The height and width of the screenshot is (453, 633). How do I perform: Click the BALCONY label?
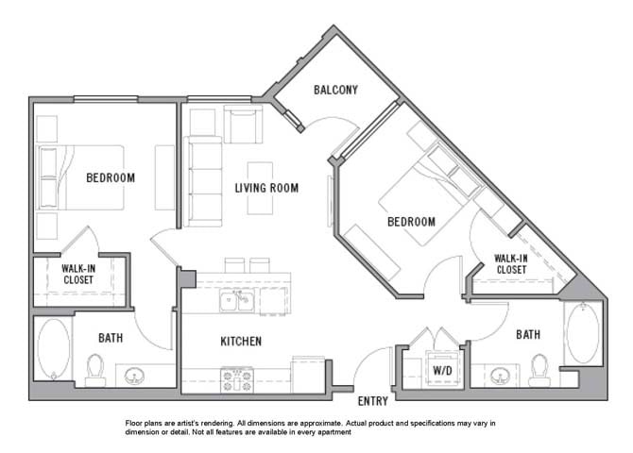click(x=335, y=91)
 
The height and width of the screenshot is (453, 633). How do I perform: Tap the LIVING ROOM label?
click(x=266, y=188)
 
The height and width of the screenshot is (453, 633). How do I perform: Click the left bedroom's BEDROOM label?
click(x=111, y=177)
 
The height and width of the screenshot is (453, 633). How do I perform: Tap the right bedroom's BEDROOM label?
click(x=411, y=222)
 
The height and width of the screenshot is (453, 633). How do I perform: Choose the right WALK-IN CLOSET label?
click(x=511, y=263)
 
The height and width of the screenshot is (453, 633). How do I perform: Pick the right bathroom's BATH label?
click(x=528, y=334)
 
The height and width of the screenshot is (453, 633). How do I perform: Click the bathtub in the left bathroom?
click(x=53, y=348)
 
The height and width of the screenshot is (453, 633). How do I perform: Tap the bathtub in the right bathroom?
click(x=582, y=332)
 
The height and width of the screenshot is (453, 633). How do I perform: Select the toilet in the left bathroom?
click(x=96, y=369)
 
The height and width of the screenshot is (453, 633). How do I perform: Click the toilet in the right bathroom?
click(x=539, y=367)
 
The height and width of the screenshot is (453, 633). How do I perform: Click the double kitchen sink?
click(x=236, y=301)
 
